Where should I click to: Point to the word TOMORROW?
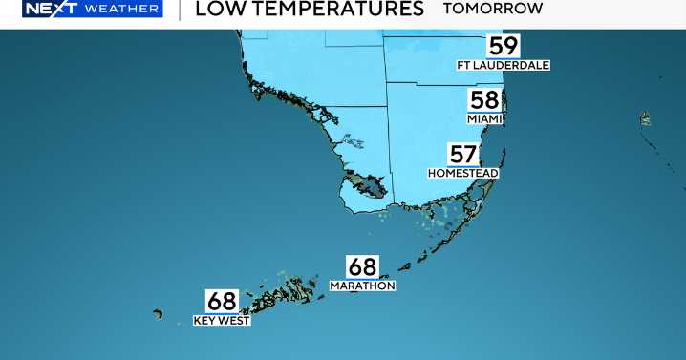493,9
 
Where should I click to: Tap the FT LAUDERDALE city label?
503,65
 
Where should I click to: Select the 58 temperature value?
484,100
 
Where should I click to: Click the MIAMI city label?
484,118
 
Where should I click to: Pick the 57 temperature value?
462,154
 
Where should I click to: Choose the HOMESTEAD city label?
463,174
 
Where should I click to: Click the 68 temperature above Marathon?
362,266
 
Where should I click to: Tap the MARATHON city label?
362,286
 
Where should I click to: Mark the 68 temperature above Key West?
222,301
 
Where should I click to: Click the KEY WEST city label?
222,321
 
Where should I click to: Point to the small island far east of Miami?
646,118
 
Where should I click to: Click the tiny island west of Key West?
159,313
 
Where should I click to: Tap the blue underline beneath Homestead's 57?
462,166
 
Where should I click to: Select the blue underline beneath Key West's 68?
222,313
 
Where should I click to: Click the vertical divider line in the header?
179,10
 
